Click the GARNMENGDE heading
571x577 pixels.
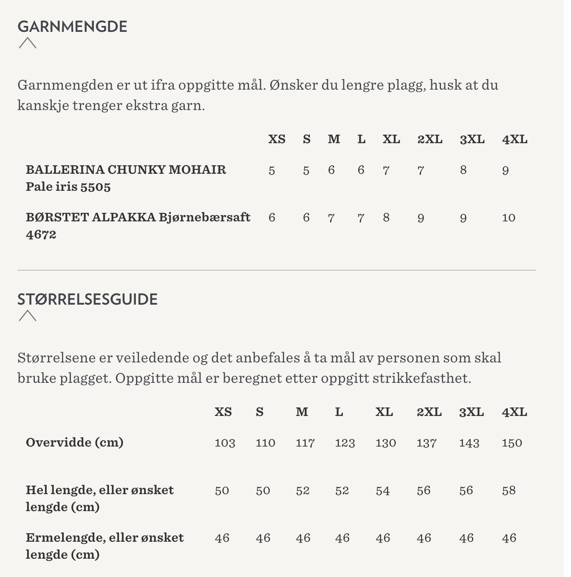tap(72, 27)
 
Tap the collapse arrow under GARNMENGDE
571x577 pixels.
tap(28, 43)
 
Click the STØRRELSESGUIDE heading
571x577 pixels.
tap(87, 300)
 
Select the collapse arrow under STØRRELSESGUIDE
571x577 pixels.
tap(28, 316)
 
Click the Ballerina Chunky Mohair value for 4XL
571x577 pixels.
tap(505, 170)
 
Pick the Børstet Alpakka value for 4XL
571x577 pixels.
tap(509, 218)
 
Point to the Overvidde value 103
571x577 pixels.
tap(225, 443)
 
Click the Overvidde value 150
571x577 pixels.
tap(512, 443)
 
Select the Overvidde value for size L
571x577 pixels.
tap(345, 443)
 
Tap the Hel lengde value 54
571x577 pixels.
tap(382, 491)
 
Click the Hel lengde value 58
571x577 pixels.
tap(509, 490)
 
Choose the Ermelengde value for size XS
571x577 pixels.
tap(222, 538)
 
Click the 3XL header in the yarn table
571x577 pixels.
tap(472, 139)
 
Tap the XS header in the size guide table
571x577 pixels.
tap(223, 412)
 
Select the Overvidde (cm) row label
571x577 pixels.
tap(75, 442)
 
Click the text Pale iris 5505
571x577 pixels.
tap(68, 187)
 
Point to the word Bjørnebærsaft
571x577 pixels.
tap(205, 217)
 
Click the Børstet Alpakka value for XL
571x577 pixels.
tap(386, 218)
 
